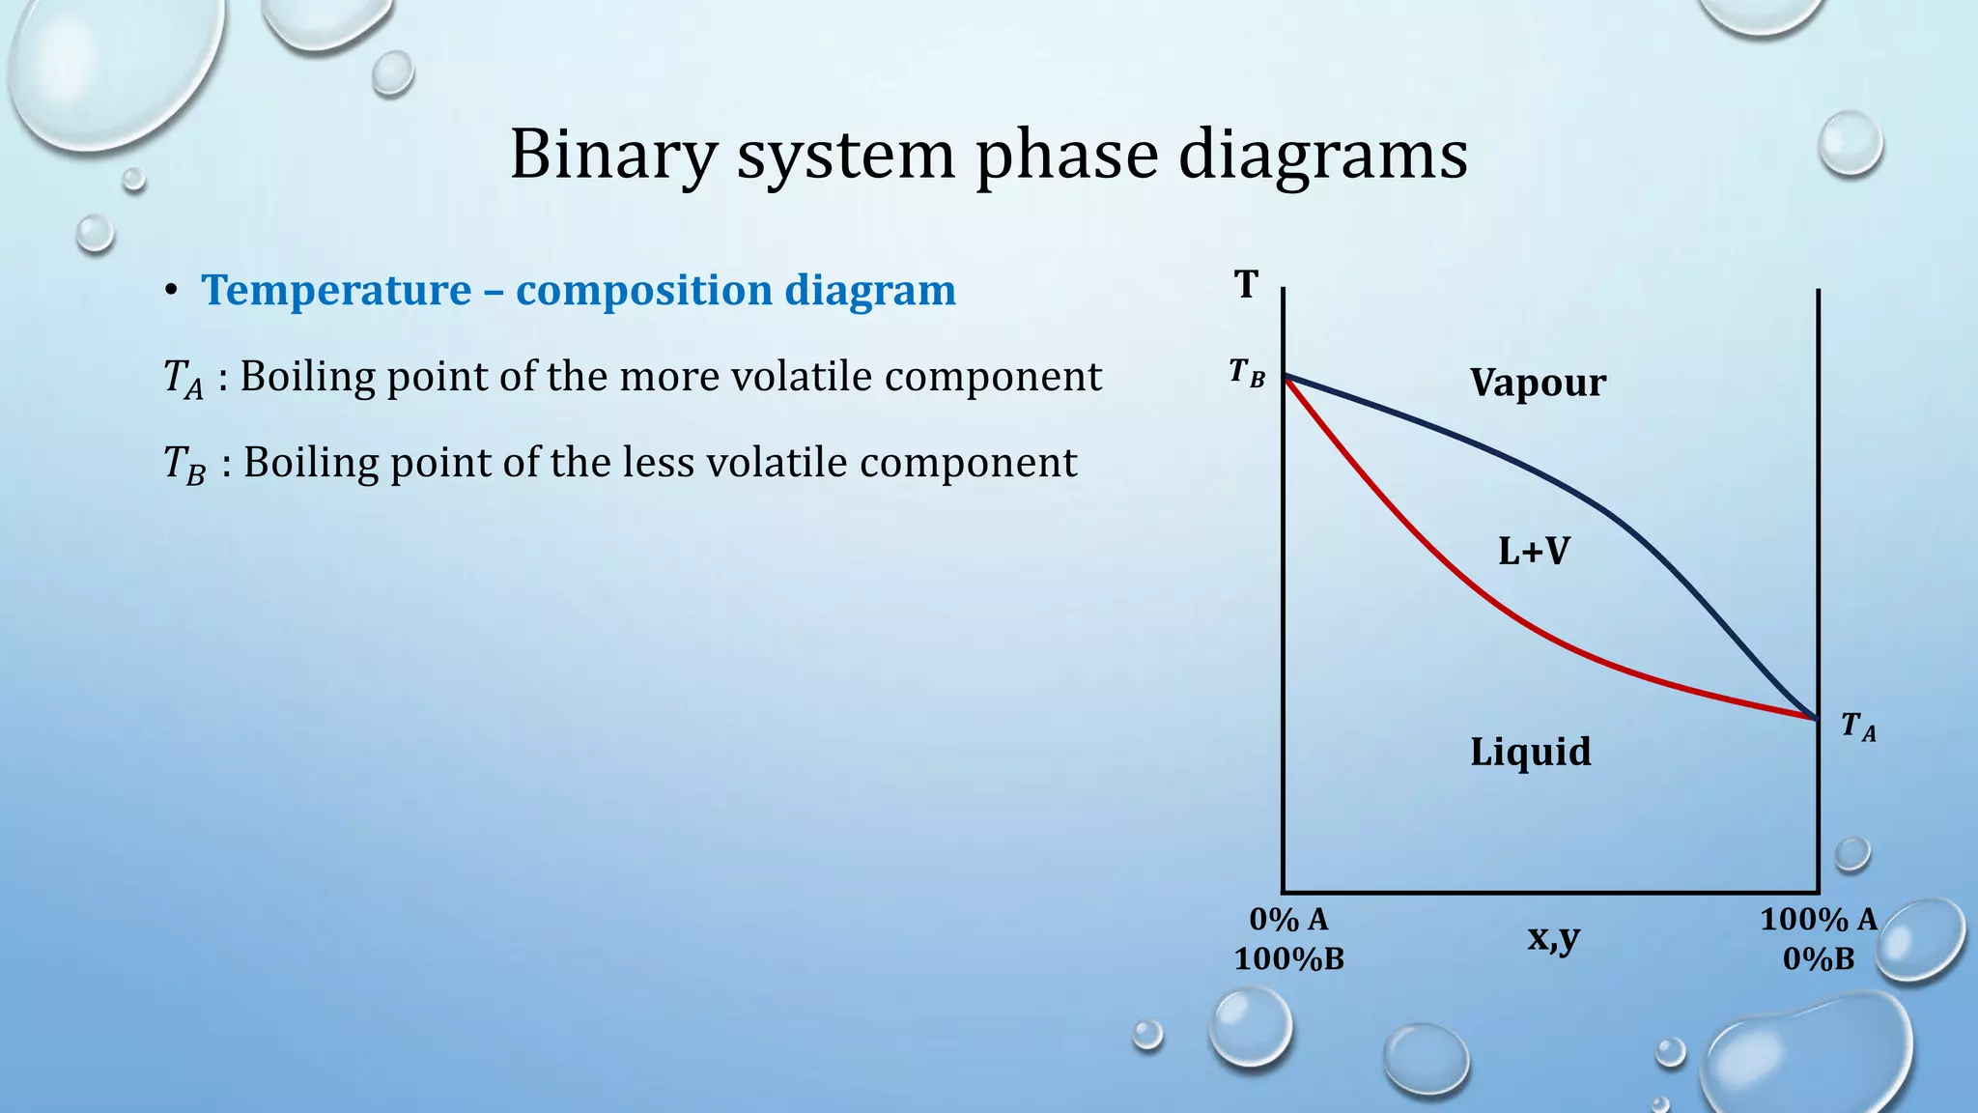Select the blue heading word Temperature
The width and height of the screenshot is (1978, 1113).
pyautogui.click(x=336, y=290)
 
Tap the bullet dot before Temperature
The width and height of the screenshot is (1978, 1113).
pyautogui.click(x=171, y=291)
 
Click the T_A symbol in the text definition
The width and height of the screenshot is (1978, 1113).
pyautogui.click(x=183, y=378)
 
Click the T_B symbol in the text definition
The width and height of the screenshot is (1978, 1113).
pyautogui.click(x=184, y=464)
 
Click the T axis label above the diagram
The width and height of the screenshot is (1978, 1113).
pyautogui.click(x=1246, y=285)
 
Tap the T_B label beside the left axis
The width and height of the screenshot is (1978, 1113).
pyautogui.click(x=1246, y=372)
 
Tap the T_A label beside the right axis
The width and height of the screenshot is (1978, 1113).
pyautogui.click(x=1857, y=726)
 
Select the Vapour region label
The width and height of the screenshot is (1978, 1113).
pyautogui.click(x=1538, y=383)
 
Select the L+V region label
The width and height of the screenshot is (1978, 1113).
pyautogui.click(x=1534, y=552)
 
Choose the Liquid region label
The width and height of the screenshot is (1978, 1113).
pyautogui.click(x=1530, y=752)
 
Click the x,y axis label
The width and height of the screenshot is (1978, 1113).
pyautogui.click(x=1553, y=937)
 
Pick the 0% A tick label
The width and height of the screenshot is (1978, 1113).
pyautogui.click(x=1288, y=919)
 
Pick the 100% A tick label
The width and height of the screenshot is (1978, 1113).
pyautogui.click(x=1818, y=919)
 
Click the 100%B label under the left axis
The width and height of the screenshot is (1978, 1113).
pyautogui.click(x=1288, y=959)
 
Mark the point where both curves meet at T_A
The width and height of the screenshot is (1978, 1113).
pyautogui.click(x=1817, y=719)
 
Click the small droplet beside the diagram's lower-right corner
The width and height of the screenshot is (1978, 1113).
pyautogui.click(x=1851, y=854)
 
